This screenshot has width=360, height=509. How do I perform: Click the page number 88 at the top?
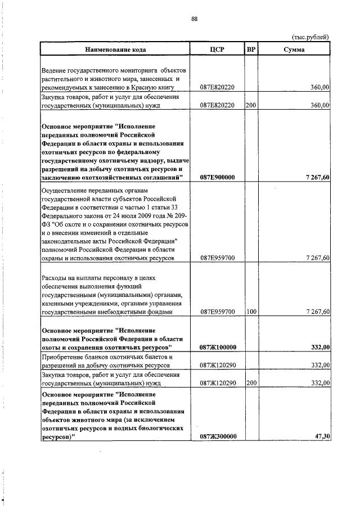pos(194,19)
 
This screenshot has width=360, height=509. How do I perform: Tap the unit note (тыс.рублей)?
pos(310,38)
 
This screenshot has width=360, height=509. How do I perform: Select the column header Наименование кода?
pos(116,49)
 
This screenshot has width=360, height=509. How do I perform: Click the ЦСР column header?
pos(217,49)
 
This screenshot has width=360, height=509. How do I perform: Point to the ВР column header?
pos(251,49)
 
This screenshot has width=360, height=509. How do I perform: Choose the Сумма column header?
pos(294,49)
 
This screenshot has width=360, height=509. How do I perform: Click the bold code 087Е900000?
pos(217,177)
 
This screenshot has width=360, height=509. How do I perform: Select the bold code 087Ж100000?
pos(217,348)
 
